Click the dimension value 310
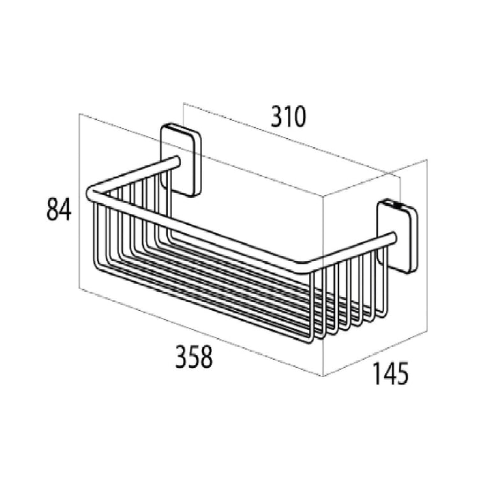coord(288,117)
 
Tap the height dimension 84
coord(59,210)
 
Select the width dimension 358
coord(194,357)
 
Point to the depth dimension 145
coord(390,373)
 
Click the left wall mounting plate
coord(181,160)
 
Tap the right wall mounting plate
coord(397,236)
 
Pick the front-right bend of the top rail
coord(303,267)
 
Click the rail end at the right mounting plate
coord(392,238)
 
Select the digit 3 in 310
coord(277,117)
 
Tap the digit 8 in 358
coord(206,357)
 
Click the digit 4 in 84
coord(66,210)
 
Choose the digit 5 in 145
coord(403,373)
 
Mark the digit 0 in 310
coord(299,117)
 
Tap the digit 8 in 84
coord(52,210)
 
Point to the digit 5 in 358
coord(194,357)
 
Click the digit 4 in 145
coord(389,373)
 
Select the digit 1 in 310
coord(288,117)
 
